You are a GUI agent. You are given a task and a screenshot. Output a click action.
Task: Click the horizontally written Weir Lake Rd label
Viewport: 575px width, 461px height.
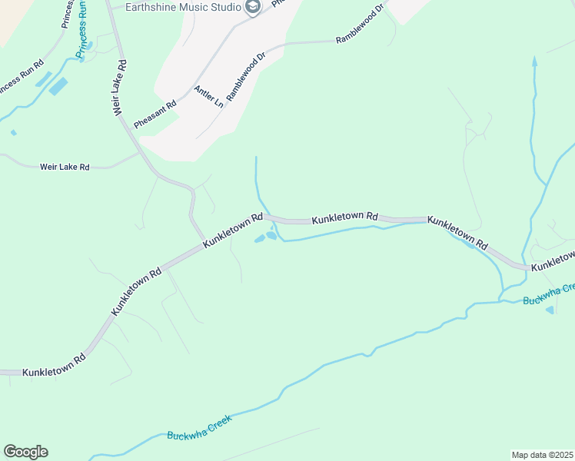point(65,167)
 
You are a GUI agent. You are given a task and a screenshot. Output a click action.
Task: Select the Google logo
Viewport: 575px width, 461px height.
point(25,452)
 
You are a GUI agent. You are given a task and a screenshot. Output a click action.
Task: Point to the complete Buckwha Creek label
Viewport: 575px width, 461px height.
point(198,429)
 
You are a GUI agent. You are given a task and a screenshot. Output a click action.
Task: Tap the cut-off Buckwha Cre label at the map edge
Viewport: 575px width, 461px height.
point(548,294)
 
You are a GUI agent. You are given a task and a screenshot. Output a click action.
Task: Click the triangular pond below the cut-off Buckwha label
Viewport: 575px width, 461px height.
point(550,310)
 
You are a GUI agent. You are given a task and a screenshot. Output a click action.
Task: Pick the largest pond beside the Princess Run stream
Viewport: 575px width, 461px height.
point(58,86)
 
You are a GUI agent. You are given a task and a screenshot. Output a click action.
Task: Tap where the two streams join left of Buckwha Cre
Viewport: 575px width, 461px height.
point(501,300)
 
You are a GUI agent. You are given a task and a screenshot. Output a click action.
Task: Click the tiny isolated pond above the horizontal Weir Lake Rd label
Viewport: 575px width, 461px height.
point(14,132)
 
